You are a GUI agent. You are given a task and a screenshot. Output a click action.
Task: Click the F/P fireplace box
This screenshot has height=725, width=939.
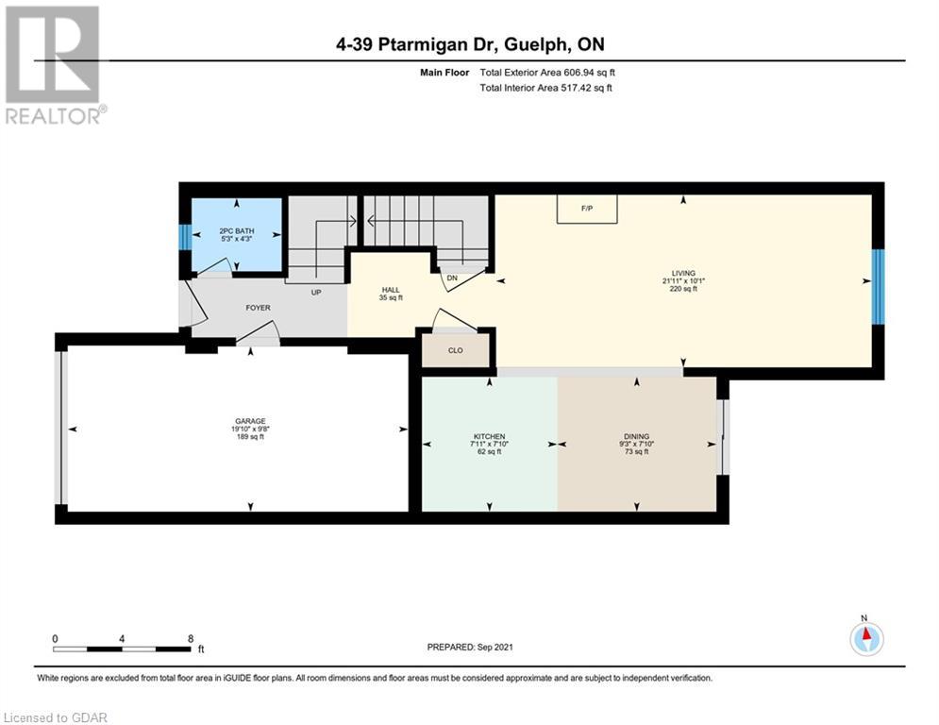coord(587,209)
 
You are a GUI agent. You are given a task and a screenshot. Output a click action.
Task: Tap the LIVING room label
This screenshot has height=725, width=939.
coord(683,273)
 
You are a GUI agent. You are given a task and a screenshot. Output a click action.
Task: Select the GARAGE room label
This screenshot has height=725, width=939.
coord(250,421)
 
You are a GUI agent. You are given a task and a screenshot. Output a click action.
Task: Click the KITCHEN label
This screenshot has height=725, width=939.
coord(489,436)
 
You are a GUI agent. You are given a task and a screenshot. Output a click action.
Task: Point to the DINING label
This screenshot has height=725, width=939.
coord(636,436)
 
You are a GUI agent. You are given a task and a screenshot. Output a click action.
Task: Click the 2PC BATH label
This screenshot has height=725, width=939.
coord(237,230)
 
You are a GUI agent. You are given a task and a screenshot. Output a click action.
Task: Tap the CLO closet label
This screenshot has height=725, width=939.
coord(455,350)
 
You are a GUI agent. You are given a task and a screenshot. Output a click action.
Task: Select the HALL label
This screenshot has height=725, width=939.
coord(391,290)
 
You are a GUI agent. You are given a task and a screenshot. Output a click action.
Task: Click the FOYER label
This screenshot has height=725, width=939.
coord(258,308)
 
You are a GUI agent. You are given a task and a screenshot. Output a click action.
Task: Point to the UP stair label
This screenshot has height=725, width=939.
coord(316,293)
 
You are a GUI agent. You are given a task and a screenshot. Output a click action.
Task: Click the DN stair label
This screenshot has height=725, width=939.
coord(452,278)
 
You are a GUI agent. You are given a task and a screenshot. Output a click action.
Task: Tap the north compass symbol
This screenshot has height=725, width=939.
coord(866,637)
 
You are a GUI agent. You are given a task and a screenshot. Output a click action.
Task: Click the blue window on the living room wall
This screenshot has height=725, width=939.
coord(878,286)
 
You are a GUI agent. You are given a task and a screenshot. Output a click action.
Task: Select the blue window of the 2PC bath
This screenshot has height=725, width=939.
coord(186,237)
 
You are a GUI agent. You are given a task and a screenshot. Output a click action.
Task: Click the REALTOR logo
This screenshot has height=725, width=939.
coord(55,65)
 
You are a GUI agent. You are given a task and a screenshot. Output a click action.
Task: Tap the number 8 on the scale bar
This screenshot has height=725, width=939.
coord(191,639)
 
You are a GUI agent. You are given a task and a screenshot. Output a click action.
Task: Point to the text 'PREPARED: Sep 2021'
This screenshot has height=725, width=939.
coord(470,647)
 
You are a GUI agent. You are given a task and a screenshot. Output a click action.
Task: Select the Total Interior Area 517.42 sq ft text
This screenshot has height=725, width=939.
coord(546,88)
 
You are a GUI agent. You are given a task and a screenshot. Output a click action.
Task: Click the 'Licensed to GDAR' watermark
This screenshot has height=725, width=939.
coord(55,717)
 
